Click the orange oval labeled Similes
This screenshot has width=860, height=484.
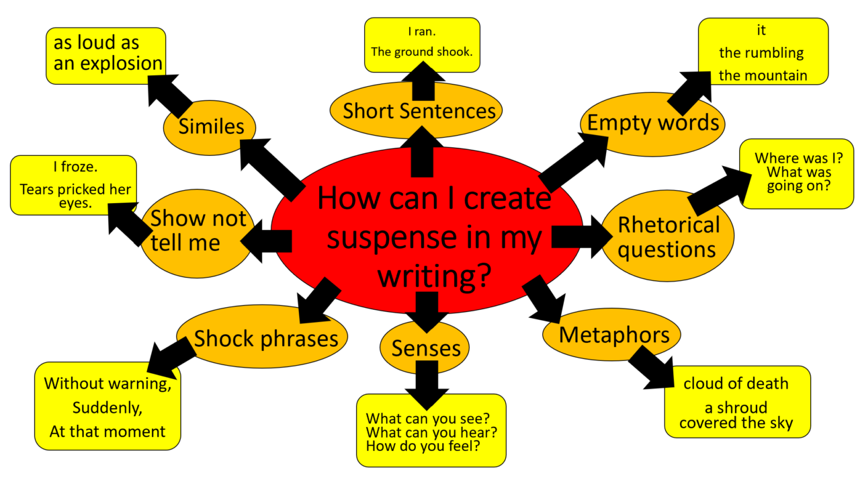tap(210, 128)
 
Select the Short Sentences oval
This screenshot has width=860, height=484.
tap(416, 111)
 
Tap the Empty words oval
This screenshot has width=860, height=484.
tap(652, 124)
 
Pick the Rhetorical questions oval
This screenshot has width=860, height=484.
tap(668, 236)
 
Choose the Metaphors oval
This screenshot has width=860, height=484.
tap(611, 334)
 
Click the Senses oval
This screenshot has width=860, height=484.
tap(425, 348)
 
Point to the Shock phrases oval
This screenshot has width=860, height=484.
tap(262, 337)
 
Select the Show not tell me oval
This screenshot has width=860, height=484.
tap(198, 233)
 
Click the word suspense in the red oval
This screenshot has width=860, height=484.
tap(391, 239)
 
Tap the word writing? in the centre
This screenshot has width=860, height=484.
tap(434, 275)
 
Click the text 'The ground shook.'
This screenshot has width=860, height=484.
tap(421, 52)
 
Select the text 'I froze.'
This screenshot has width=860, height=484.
tap(75, 167)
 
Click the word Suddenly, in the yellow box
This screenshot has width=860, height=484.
tap(107, 408)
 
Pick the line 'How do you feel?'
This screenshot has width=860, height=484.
tap(423, 446)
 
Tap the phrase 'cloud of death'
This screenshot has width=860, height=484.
tap(736, 383)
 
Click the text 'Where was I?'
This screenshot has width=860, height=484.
tap(799, 158)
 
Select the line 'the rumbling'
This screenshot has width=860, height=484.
tap(761, 53)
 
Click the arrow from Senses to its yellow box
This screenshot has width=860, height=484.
tap(427, 385)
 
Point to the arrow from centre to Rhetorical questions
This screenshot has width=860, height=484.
tap(582, 237)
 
